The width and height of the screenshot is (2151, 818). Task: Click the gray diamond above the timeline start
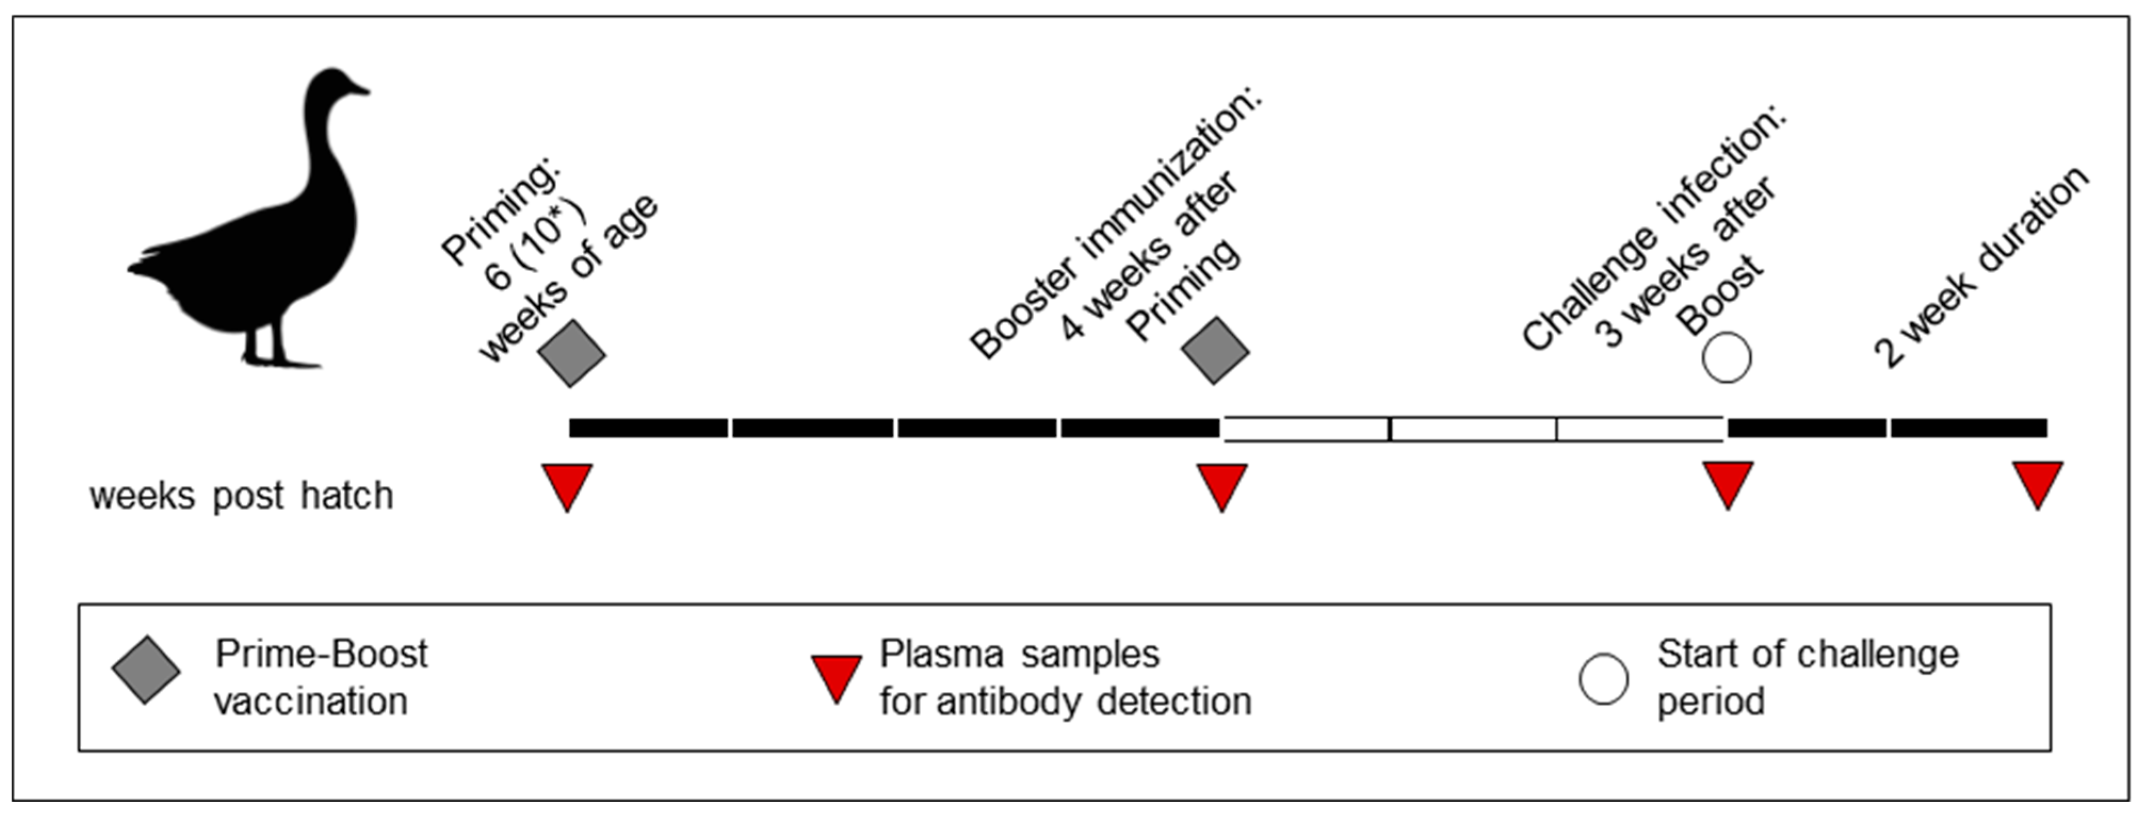pos(572,353)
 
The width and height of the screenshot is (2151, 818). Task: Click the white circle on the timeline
pos(1726,358)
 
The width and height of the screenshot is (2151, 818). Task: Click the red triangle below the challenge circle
pos(1727,482)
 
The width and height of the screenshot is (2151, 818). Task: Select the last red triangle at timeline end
pos(2038,482)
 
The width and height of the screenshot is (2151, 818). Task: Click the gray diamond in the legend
pos(146,670)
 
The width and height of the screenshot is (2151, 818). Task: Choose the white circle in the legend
pos(1603,678)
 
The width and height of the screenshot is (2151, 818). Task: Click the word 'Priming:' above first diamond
pos(501,213)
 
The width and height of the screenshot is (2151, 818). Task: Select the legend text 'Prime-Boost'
pos(321,653)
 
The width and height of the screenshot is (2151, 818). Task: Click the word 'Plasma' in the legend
pos(941,653)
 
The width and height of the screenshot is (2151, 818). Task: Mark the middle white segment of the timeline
pos(1472,429)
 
